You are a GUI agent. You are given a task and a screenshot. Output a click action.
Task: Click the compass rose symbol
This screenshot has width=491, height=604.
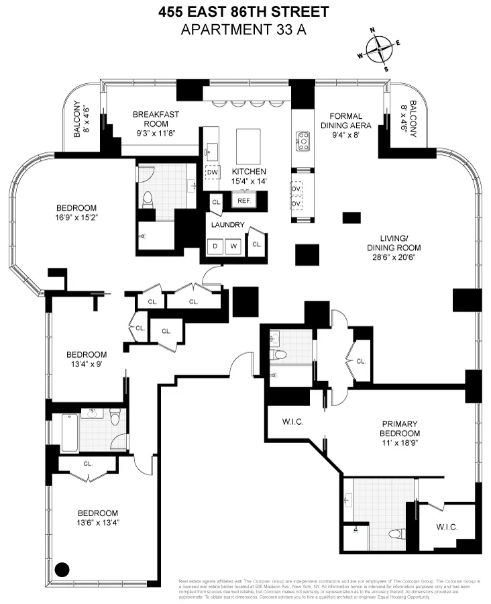(380, 49)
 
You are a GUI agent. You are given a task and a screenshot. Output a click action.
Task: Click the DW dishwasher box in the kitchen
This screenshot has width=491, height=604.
(213, 172)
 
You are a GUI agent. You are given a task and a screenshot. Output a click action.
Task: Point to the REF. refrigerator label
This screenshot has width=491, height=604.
(243, 200)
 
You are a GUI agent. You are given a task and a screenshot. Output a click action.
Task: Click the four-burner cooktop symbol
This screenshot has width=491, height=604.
(303, 140)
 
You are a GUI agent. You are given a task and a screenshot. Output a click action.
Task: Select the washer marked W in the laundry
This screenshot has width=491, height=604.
(234, 245)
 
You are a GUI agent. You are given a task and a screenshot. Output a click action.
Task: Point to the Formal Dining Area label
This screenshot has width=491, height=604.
(346, 121)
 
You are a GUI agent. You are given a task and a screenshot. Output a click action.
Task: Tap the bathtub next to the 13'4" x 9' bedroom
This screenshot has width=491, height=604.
(69, 433)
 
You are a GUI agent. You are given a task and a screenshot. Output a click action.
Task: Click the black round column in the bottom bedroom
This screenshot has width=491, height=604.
(62, 570)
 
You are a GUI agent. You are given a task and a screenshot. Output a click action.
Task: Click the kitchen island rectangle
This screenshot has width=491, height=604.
(250, 142)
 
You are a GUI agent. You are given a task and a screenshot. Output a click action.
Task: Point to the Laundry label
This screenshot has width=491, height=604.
(229, 225)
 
